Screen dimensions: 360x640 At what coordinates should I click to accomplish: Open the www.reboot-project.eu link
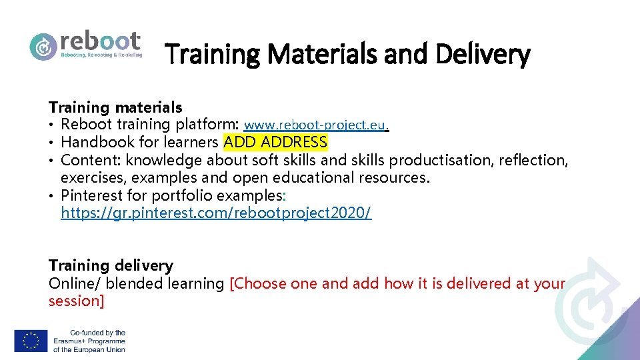pyautogui.click(x=315, y=125)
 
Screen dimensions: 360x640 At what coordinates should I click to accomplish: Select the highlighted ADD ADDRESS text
pyautogui.click(x=275, y=142)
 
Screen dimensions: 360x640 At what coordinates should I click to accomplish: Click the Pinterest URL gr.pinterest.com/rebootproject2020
pyautogui.click(x=216, y=213)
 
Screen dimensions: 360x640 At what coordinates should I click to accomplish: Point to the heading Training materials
pyautogui.click(x=115, y=107)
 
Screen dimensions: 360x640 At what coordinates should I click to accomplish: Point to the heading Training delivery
pyautogui.click(x=111, y=265)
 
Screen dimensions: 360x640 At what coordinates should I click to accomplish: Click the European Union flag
pyautogui.click(x=31, y=341)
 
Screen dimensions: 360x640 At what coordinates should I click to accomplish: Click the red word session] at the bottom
pyautogui.click(x=76, y=301)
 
